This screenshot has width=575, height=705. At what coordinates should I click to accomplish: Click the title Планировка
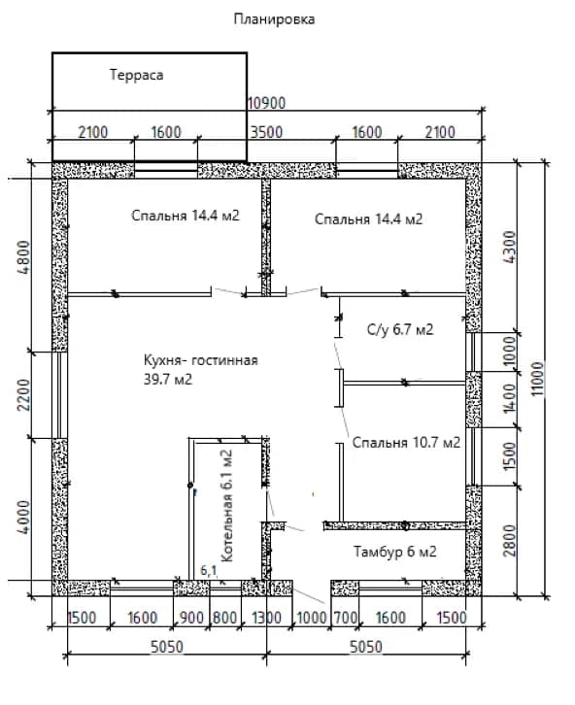[x=274, y=19]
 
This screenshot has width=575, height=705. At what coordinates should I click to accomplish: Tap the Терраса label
[x=136, y=75]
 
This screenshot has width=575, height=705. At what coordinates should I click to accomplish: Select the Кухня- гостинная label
[x=200, y=360]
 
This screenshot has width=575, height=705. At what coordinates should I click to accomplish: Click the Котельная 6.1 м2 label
[x=228, y=506]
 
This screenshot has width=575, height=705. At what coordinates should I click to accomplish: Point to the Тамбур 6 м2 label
[x=394, y=552]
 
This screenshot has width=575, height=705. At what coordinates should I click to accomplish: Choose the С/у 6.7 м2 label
[x=400, y=329]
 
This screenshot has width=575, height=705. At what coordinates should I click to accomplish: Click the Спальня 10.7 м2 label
[x=406, y=443]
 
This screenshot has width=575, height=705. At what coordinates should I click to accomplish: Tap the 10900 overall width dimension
[x=266, y=103]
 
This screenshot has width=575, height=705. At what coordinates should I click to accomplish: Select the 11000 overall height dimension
[x=538, y=379]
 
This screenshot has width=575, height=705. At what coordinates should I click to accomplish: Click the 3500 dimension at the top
[x=266, y=132]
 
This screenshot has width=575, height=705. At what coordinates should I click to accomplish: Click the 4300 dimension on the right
[x=510, y=247]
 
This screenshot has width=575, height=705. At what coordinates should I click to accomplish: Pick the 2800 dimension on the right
[x=510, y=540]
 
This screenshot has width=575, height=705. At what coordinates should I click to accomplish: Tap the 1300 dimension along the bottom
[x=266, y=618]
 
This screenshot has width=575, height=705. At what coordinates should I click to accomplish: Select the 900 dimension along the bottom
[x=191, y=618]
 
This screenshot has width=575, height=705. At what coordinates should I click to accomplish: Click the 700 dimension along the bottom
[x=345, y=618]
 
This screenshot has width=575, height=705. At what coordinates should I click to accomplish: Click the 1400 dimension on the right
[x=510, y=397]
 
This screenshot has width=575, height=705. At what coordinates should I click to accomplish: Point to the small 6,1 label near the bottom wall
[x=209, y=571]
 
